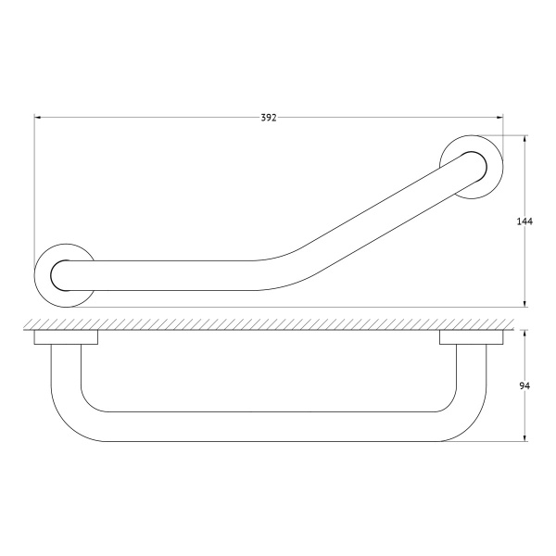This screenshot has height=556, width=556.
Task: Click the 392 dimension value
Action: (x=269, y=118)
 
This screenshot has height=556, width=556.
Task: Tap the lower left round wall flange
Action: (x=62, y=275)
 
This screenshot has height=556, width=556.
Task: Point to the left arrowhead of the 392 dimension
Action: (x=39, y=118)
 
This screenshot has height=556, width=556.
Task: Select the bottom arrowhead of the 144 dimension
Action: (x=526, y=303)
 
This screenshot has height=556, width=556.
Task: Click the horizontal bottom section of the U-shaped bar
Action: (x=269, y=426)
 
